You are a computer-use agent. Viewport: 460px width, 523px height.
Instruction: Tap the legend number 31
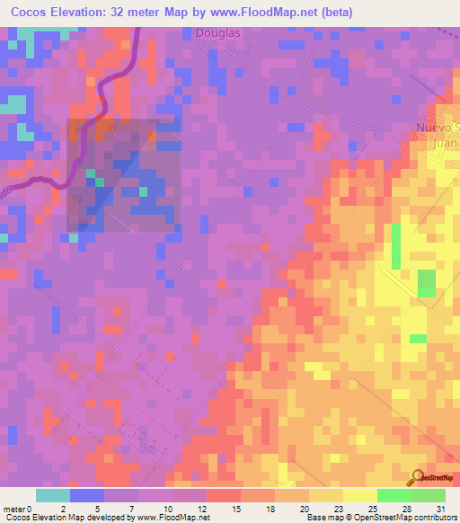point(440,508)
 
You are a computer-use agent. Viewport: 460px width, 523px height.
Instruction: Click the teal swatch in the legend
point(52,495)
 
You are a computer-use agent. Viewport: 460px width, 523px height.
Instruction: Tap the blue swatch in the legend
point(86,495)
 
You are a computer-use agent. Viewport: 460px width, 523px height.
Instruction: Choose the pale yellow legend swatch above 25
point(359,495)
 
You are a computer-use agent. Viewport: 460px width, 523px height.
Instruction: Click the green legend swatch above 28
point(394,495)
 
